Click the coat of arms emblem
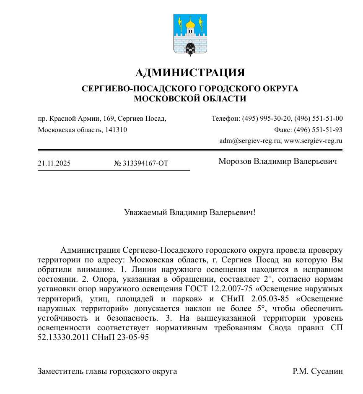(190, 35)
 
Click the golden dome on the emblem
(190, 24)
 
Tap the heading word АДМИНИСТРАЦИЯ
(190, 73)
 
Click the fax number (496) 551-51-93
(318, 130)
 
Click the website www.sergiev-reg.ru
(313, 141)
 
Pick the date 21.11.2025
(54, 163)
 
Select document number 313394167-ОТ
(145, 163)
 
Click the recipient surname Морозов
(235, 161)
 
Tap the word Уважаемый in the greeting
(145, 212)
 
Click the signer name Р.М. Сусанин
(318, 371)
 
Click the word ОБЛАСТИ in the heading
(224, 99)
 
